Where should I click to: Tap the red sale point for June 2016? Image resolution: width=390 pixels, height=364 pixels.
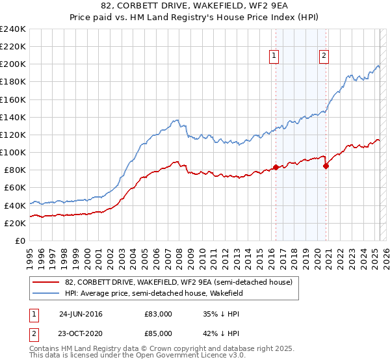(x=276, y=167)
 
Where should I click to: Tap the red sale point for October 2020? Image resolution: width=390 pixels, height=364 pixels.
(x=326, y=166)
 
